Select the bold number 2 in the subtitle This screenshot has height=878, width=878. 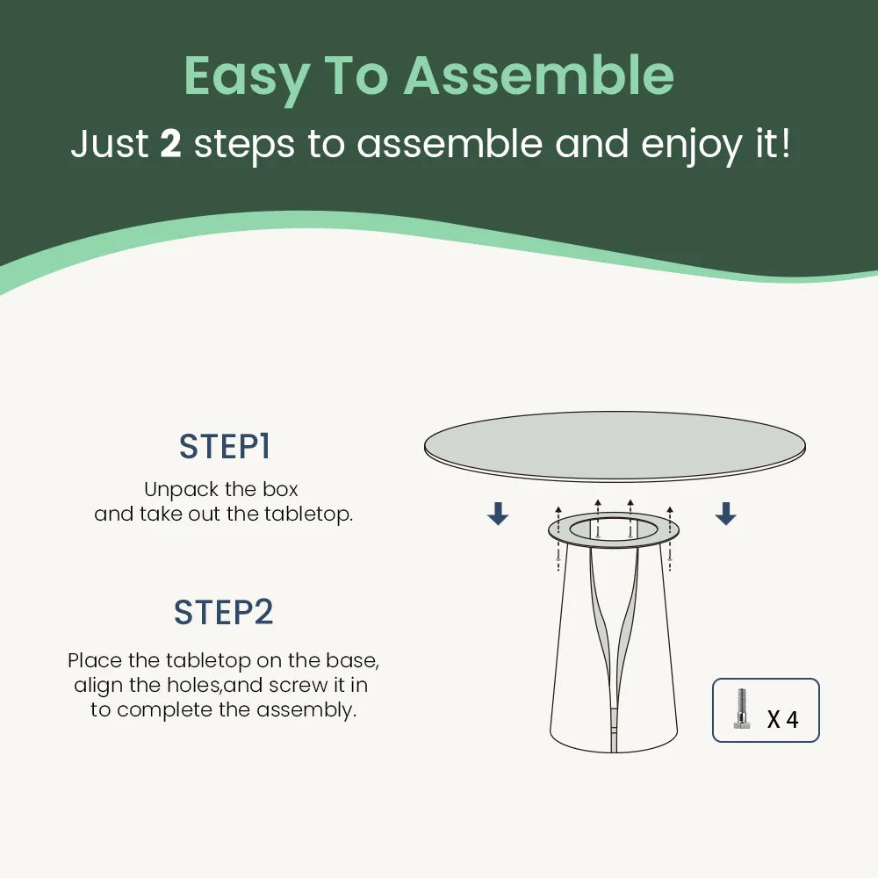[x=171, y=144]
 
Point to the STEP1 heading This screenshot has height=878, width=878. [x=225, y=447]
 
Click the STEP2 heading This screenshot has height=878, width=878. [x=223, y=612]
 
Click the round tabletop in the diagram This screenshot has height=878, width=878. [x=615, y=446]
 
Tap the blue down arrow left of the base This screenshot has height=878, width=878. [x=498, y=514]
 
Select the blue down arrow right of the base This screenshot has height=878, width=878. [x=726, y=514]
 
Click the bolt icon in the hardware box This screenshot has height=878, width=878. [x=742, y=709]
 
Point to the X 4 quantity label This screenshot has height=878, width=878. [x=782, y=720]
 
